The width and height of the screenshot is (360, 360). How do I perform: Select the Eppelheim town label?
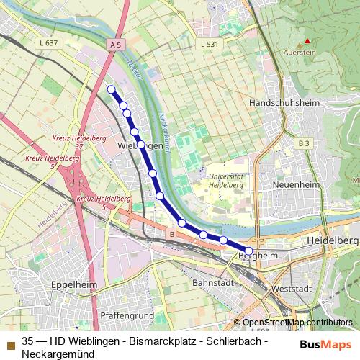74,284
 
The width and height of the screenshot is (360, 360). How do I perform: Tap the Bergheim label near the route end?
257,256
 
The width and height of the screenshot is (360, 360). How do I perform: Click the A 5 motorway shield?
116,45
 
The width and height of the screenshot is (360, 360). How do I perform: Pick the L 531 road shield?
209,45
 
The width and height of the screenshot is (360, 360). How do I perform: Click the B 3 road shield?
304,144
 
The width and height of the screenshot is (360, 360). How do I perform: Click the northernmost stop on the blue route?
112,89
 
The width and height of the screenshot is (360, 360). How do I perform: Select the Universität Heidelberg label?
225,180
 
